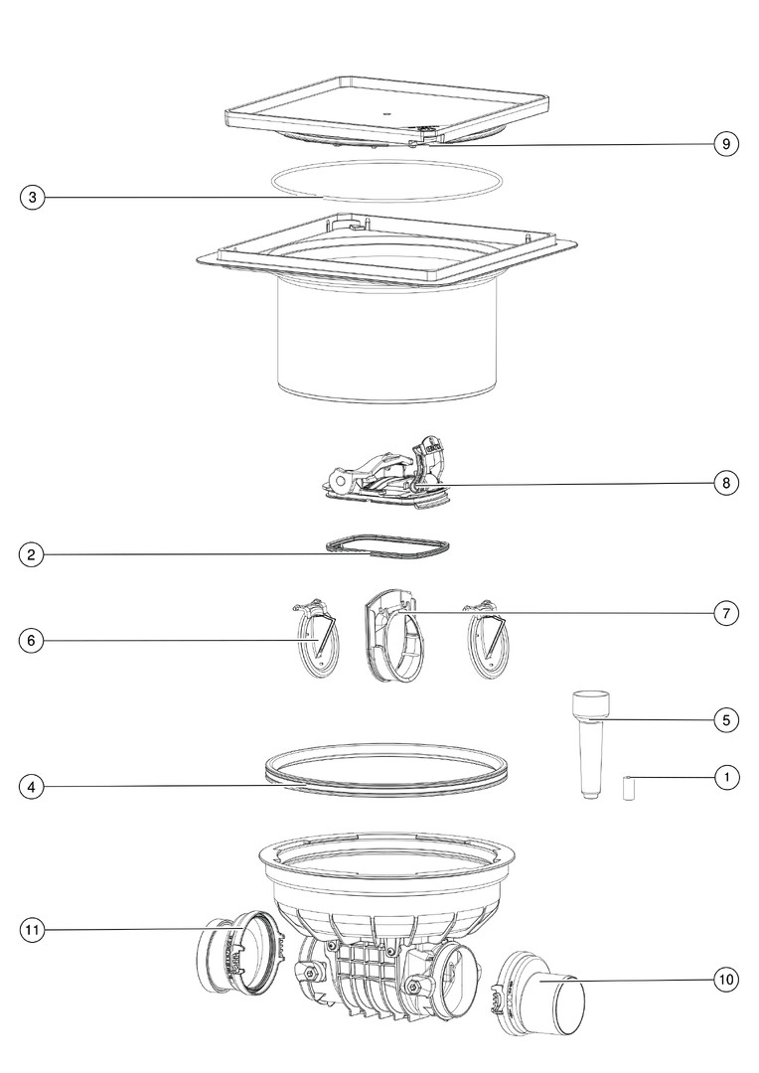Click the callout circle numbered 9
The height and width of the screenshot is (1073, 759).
pos(726,144)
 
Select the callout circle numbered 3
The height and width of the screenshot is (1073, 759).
pos(32,198)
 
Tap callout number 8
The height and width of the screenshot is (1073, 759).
pos(726,483)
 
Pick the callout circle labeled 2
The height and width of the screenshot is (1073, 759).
pos(32,554)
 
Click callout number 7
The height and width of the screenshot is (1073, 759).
pos(726,613)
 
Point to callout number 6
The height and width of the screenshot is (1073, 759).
pos(32,641)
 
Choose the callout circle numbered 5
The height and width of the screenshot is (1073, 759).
pos(726,720)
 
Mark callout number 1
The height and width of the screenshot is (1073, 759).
pos(726,777)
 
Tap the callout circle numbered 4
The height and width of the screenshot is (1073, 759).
pos(32,787)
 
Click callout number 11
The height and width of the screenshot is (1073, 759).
pos(32,930)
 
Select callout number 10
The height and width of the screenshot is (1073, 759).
pos(726,980)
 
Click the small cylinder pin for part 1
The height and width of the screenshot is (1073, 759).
pos(626,788)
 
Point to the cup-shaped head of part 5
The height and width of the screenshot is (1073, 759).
pos(590,704)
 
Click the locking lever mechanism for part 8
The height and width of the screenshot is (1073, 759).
pos(387,472)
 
